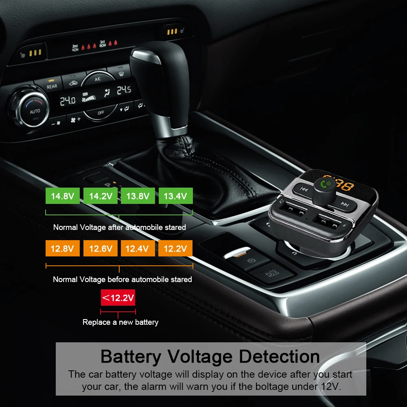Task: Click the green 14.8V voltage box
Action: tap(63, 196)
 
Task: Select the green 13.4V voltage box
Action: tap(175, 196)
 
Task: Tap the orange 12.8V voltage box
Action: tap(63, 248)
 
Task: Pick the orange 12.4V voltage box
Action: tap(138, 248)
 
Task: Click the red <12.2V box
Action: tap(118, 298)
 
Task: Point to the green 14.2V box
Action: tap(101, 196)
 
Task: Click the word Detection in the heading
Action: tap(279, 357)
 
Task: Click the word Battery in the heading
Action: tap(131, 357)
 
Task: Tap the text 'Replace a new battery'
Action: tap(120, 322)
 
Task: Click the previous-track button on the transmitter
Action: tap(304, 189)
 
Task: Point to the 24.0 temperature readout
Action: tap(68, 101)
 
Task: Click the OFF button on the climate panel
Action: tap(101, 112)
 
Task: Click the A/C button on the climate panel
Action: tap(98, 79)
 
